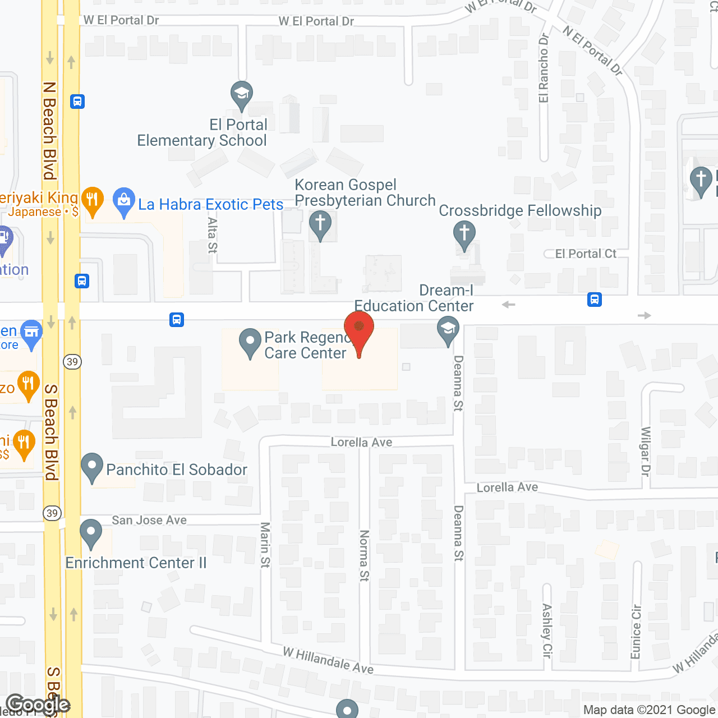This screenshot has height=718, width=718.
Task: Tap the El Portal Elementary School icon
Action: point(242,95)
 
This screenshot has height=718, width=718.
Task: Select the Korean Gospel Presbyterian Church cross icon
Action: point(320,224)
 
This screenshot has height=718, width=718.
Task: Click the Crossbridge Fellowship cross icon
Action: point(464,234)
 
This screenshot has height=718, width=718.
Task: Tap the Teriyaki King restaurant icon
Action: point(93,201)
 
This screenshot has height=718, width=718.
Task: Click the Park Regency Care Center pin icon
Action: point(250,342)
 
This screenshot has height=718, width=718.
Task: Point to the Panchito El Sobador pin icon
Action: point(93,467)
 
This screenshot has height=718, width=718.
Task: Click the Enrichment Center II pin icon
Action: point(91,533)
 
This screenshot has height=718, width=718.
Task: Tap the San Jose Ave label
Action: point(149,521)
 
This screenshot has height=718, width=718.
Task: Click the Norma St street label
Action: point(365,555)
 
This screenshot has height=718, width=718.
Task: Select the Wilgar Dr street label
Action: point(646,452)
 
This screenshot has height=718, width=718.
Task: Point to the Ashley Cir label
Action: point(547,630)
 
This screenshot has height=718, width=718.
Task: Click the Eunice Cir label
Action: point(636,632)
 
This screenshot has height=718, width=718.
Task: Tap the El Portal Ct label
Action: point(586,254)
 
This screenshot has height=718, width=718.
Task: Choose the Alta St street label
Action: point(213,235)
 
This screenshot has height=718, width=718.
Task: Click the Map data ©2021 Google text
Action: point(650,710)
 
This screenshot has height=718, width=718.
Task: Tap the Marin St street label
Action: point(265,544)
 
